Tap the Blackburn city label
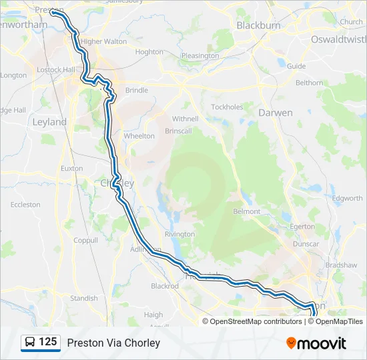[258, 25]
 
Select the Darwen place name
[275, 113]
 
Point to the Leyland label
[49, 122]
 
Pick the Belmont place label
[247, 211]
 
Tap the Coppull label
[85, 240]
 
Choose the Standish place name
[84, 298]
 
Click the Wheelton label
[139, 136]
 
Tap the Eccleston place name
[25, 205]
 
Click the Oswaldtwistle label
[338, 39]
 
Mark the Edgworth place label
[348, 198]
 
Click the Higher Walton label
[104, 41]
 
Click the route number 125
[48, 342]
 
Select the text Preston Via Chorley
[113, 343]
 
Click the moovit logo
[316, 343]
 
